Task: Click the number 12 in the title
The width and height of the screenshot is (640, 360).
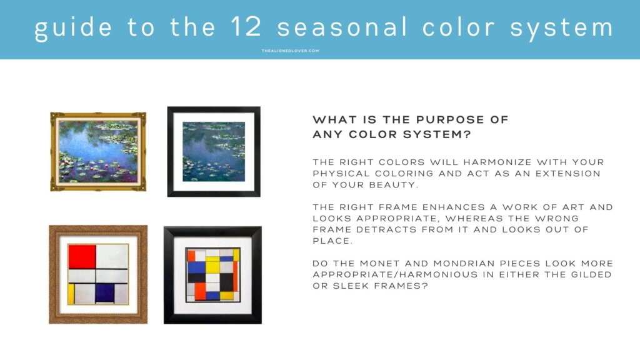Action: [246, 26]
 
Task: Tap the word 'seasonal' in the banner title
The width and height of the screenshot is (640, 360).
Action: [342, 27]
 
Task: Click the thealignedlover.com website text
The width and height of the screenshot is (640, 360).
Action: [290, 51]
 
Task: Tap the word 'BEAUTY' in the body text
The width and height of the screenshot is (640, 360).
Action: [392, 185]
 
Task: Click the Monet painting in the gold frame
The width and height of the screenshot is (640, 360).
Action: [98, 151]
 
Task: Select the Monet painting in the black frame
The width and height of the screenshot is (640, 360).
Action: [214, 151]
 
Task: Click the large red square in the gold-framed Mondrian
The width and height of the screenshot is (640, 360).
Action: [82, 256]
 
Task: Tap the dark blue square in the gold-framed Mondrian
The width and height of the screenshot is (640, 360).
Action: [104, 292]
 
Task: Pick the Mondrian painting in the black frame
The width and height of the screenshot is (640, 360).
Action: [212, 275]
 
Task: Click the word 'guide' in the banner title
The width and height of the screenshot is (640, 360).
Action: [73, 28]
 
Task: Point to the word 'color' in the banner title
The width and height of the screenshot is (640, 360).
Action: [458, 27]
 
